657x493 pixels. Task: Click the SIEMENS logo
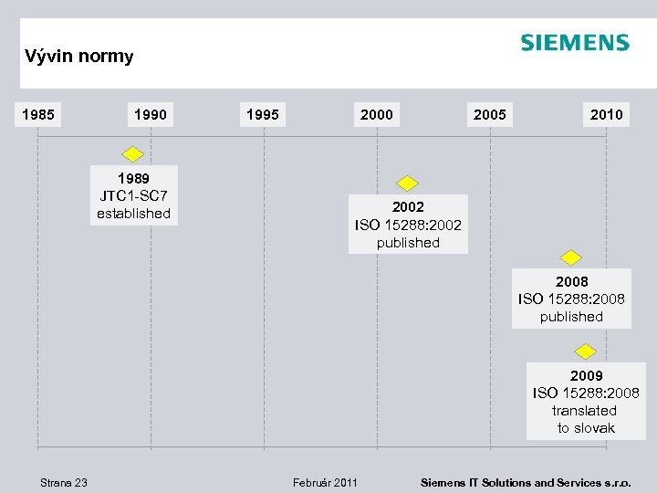pos(574,43)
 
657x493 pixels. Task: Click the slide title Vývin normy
pos(79,57)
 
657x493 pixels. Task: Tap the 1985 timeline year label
pos(37,115)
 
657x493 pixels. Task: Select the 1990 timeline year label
pos(151,115)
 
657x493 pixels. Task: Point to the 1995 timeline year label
pos(264,115)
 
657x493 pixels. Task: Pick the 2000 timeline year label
pos(377,115)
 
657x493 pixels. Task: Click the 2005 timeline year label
pos(490,115)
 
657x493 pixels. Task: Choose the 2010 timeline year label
pos(606,115)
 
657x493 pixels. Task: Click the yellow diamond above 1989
pos(133,153)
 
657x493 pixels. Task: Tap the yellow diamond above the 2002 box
pos(407,183)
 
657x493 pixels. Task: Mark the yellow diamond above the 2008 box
pos(571,257)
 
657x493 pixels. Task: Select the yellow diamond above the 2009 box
pos(586,351)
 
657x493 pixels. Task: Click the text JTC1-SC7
pos(133,196)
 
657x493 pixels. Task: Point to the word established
pos(133,214)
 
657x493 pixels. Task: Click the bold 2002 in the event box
pos(408,207)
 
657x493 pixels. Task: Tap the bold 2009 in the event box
pos(586,376)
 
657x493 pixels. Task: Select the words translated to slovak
pos(586,419)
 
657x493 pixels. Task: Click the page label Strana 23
pos(64,482)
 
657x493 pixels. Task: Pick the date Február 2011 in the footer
pos(325,482)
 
